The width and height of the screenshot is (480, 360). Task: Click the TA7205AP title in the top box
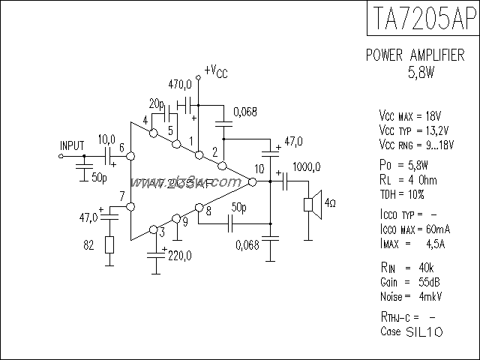(423, 18)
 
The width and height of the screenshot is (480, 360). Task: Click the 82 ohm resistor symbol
(109, 245)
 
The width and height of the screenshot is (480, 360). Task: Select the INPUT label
(72, 145)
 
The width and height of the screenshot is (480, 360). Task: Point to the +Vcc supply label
(215, 72)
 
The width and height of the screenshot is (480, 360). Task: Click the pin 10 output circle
(253, 181)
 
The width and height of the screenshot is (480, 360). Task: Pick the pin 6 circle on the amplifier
(130, 157)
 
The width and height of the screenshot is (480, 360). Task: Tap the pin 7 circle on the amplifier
(130, 206)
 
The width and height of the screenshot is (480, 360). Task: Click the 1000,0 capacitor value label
(307, 166)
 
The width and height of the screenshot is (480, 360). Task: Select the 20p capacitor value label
(157, 103)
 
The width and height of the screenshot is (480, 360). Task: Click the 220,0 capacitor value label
(179, 255)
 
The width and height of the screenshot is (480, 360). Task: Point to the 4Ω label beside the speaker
(330, 202)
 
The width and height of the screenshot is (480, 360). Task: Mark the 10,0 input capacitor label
(106, 139)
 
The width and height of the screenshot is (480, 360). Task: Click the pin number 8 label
(208, 212)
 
